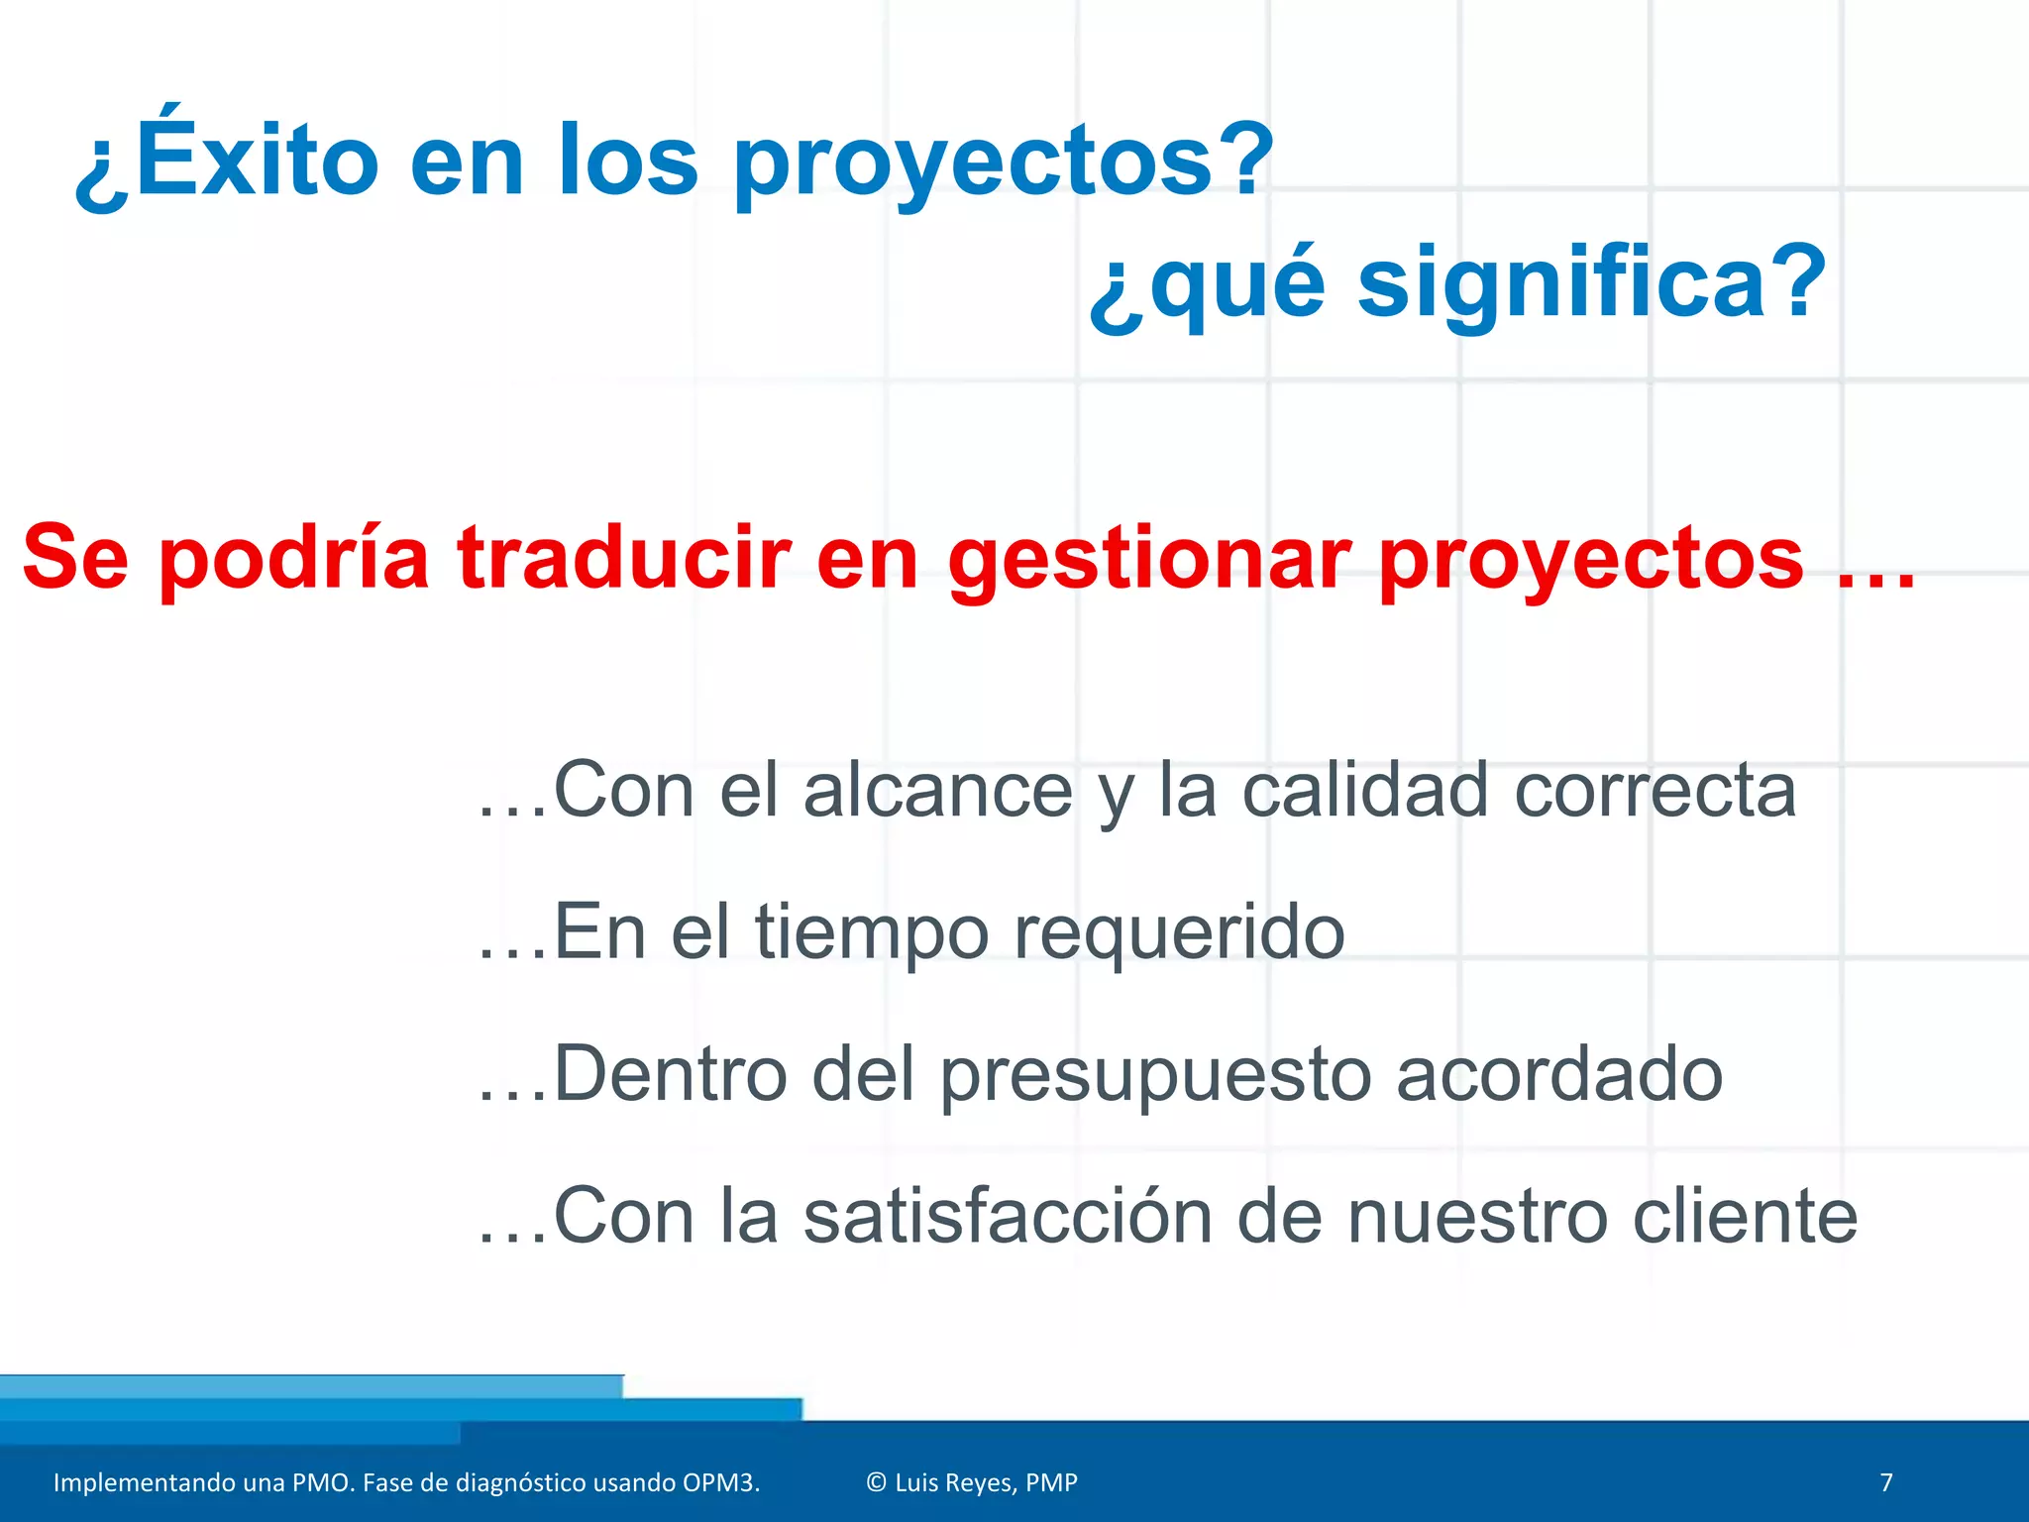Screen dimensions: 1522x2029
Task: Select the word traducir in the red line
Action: pos(623,559)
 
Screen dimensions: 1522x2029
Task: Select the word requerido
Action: pos(1179,933)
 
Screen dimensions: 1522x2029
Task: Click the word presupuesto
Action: pos(1155,1076)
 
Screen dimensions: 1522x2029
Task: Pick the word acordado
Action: pos(1559,1074)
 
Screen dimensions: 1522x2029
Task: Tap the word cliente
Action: pos(1745,1217)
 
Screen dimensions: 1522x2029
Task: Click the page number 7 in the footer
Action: pos(1886,1482)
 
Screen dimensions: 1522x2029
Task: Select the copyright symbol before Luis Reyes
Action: pos(876,1482)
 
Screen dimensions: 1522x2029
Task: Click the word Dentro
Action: pos(670,1074)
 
